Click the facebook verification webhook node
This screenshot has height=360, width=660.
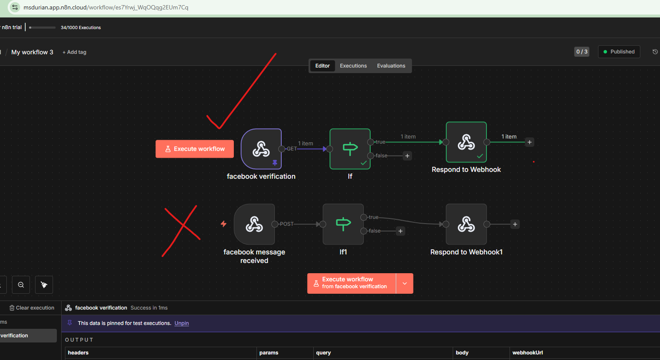[x=261, y=149]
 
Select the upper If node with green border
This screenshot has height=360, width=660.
[x=350, y=149]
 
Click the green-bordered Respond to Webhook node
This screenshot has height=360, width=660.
[x=466, y=142]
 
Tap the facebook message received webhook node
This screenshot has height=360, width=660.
[x=254, y=224]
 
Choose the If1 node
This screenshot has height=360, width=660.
[x=343, y=224]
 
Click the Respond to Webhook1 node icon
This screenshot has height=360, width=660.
[x=466, y=224]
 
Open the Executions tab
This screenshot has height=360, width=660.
[x=353, y=66]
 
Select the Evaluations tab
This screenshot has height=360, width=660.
[x=391, y=66]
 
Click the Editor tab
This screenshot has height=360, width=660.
[x=322, y=66]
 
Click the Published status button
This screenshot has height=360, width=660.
[x=619, y=52]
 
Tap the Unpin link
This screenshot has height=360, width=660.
[x=182, y=323]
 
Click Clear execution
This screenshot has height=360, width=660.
[x=32, y=308]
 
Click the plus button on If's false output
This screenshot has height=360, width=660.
[x=407, y=156]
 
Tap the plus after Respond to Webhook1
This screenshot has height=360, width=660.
[x=515, y=224]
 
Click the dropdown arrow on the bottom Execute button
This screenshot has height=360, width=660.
[x=404, y=283]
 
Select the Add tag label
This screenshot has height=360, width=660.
[x=74, y=52]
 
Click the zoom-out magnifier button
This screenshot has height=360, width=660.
[x=21, y=285]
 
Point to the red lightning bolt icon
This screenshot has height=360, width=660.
[x=224, y=224]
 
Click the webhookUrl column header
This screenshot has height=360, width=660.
[x=527, y=353]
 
